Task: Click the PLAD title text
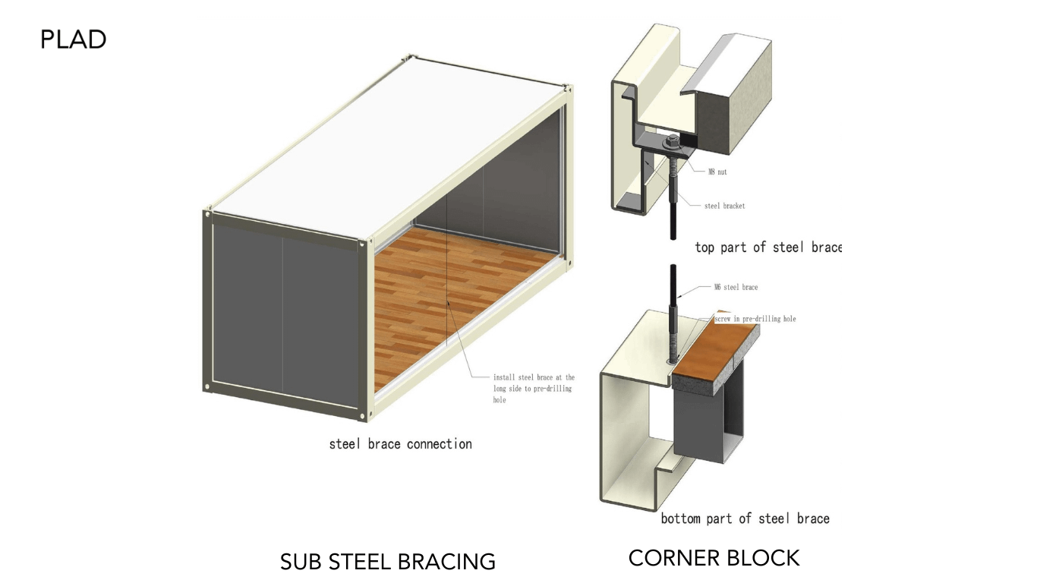point(73,39)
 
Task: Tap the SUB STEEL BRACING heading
point(387,562)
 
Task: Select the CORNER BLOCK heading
point(714,558)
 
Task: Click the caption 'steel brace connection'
point(400,444)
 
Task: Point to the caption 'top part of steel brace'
point(768,247)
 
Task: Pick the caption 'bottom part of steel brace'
point(745,518)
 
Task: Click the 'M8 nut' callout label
point(717,172)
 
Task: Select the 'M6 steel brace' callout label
point(736,288)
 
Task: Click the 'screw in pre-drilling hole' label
point(755,319)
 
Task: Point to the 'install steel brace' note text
point(534,388)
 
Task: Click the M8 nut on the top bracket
point(671,141)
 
